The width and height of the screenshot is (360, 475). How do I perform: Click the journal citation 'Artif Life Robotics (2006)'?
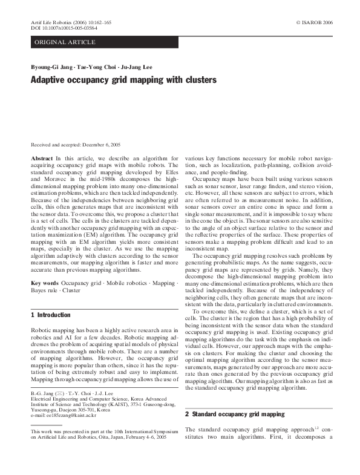[61, 22]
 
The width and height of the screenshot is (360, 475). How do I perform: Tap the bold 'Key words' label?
[44, 283]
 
